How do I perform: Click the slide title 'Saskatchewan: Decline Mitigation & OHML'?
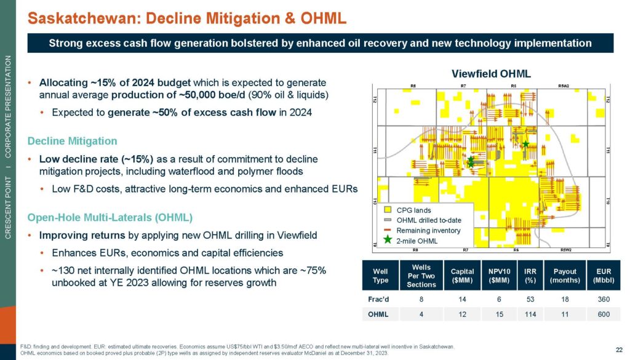click(188, 18)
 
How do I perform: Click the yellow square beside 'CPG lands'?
click(388, 210)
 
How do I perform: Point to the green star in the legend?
click(388, 240)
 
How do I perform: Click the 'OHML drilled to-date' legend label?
click(429, 220)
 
